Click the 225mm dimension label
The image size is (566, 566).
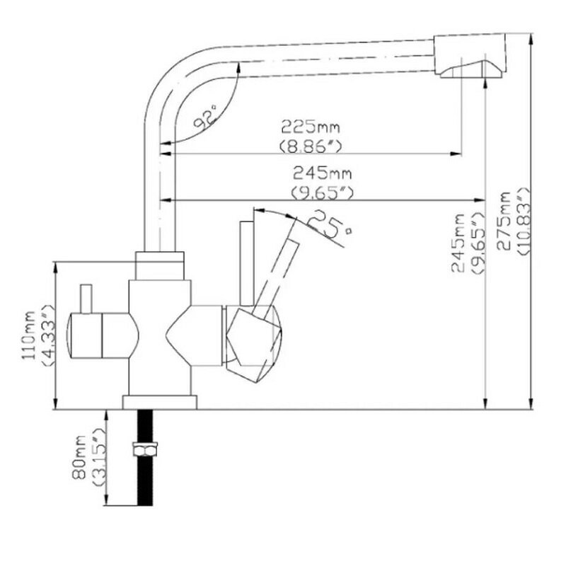point(311,127)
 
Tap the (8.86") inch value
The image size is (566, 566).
point(311,146)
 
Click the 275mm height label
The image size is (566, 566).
point(503,221)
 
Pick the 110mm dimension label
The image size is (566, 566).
point(29,335)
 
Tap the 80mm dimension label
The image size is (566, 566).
point(79,457)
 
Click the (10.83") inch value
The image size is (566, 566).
point(524,221)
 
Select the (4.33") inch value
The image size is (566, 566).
point(48,335)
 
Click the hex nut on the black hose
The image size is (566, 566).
point(145,449)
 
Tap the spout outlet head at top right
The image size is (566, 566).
point(470,55)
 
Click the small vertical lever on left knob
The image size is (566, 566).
point(86,299)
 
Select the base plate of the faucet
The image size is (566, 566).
point(160,403)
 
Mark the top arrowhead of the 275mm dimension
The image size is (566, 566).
point(531,40)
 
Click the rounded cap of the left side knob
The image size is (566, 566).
point(69,335)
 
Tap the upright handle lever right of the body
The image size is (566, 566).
point(247,263)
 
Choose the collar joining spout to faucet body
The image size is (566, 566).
point(160,265)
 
